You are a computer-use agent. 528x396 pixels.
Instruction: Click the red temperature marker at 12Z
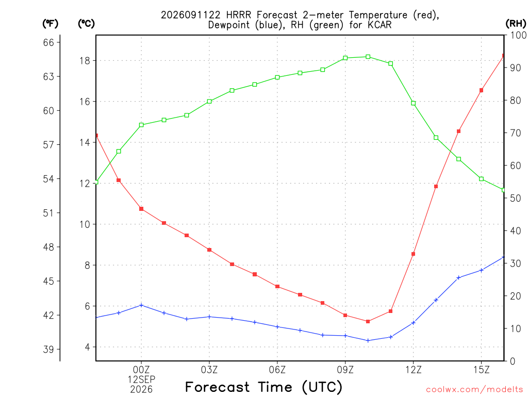coord(413,254)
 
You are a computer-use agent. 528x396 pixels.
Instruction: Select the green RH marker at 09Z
coord(345,58)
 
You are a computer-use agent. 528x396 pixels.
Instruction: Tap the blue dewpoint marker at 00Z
coord(141,305)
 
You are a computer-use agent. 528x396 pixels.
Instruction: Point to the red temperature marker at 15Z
coord(481,90)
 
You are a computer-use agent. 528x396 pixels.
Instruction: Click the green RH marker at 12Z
coord(413,103)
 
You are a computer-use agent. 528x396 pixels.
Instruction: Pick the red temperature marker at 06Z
coord(277,287)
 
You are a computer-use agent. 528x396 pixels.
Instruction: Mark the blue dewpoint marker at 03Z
coord(209,317)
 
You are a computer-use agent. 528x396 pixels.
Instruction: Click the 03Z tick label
coord(209,370)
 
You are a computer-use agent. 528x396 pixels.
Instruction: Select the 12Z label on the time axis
coord(413,370)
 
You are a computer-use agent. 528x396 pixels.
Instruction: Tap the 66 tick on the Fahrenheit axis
coord(48,42)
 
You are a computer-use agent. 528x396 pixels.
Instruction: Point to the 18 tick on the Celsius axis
coord(85,61)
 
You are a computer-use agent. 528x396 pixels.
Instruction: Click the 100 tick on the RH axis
coord(518,35)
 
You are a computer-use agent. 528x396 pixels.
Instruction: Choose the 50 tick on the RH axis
coord(516,198)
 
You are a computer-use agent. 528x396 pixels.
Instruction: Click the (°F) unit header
coord(50,24)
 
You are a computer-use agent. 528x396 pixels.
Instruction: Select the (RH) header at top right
coord(516,24)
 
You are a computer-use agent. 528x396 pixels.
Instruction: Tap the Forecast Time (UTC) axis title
coord(263,387)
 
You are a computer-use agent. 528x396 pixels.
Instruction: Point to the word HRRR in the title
coord(238,15)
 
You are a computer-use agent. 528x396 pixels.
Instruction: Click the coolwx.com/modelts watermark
coord(474,390)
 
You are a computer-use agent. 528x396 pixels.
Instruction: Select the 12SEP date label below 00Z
coord(141,379)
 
